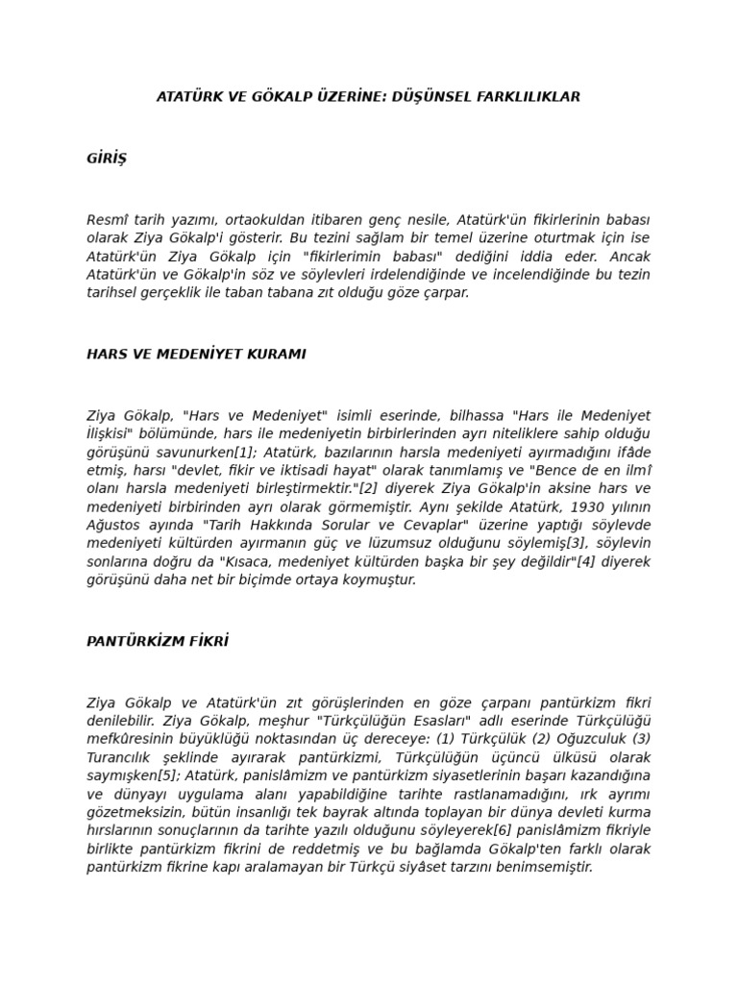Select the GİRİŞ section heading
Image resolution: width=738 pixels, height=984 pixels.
click(107, 159)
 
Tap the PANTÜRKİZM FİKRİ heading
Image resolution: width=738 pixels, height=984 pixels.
click(158, 641)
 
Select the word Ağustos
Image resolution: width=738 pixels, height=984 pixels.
click(113, 525)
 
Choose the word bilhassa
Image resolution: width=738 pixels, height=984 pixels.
click(480, 415)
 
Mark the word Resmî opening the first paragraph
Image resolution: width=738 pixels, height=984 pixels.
click(107, 219)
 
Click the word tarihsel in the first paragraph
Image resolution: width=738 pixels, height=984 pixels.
click(112, 292)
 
